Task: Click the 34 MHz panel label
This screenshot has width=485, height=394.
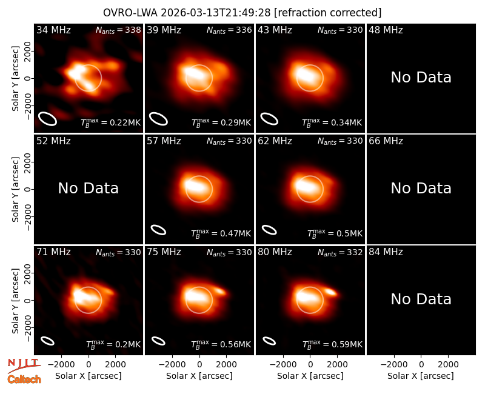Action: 53,30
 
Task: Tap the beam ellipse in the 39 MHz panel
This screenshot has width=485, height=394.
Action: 158,119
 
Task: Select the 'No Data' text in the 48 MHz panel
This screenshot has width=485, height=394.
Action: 421,78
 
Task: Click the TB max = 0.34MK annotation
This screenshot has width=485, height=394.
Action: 332,122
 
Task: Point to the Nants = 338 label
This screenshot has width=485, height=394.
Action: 118,30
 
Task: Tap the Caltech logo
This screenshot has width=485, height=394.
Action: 24,379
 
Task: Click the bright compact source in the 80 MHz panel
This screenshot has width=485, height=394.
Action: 331,292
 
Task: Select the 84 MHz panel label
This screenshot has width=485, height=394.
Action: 386,252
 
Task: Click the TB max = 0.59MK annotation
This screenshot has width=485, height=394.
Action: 332,344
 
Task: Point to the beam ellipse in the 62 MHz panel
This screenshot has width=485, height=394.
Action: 269,230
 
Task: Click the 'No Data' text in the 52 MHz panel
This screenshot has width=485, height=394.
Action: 88,189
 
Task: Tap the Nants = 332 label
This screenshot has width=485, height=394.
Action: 340,252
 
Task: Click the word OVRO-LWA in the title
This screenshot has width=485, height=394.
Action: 130,13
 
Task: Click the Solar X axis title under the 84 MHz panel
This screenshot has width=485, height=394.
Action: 421,376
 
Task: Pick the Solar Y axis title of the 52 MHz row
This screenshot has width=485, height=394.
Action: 16,189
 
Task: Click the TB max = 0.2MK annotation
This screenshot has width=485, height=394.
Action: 113,344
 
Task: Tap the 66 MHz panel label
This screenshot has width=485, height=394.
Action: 386,141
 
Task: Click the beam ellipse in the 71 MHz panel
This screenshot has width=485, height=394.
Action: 48,341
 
